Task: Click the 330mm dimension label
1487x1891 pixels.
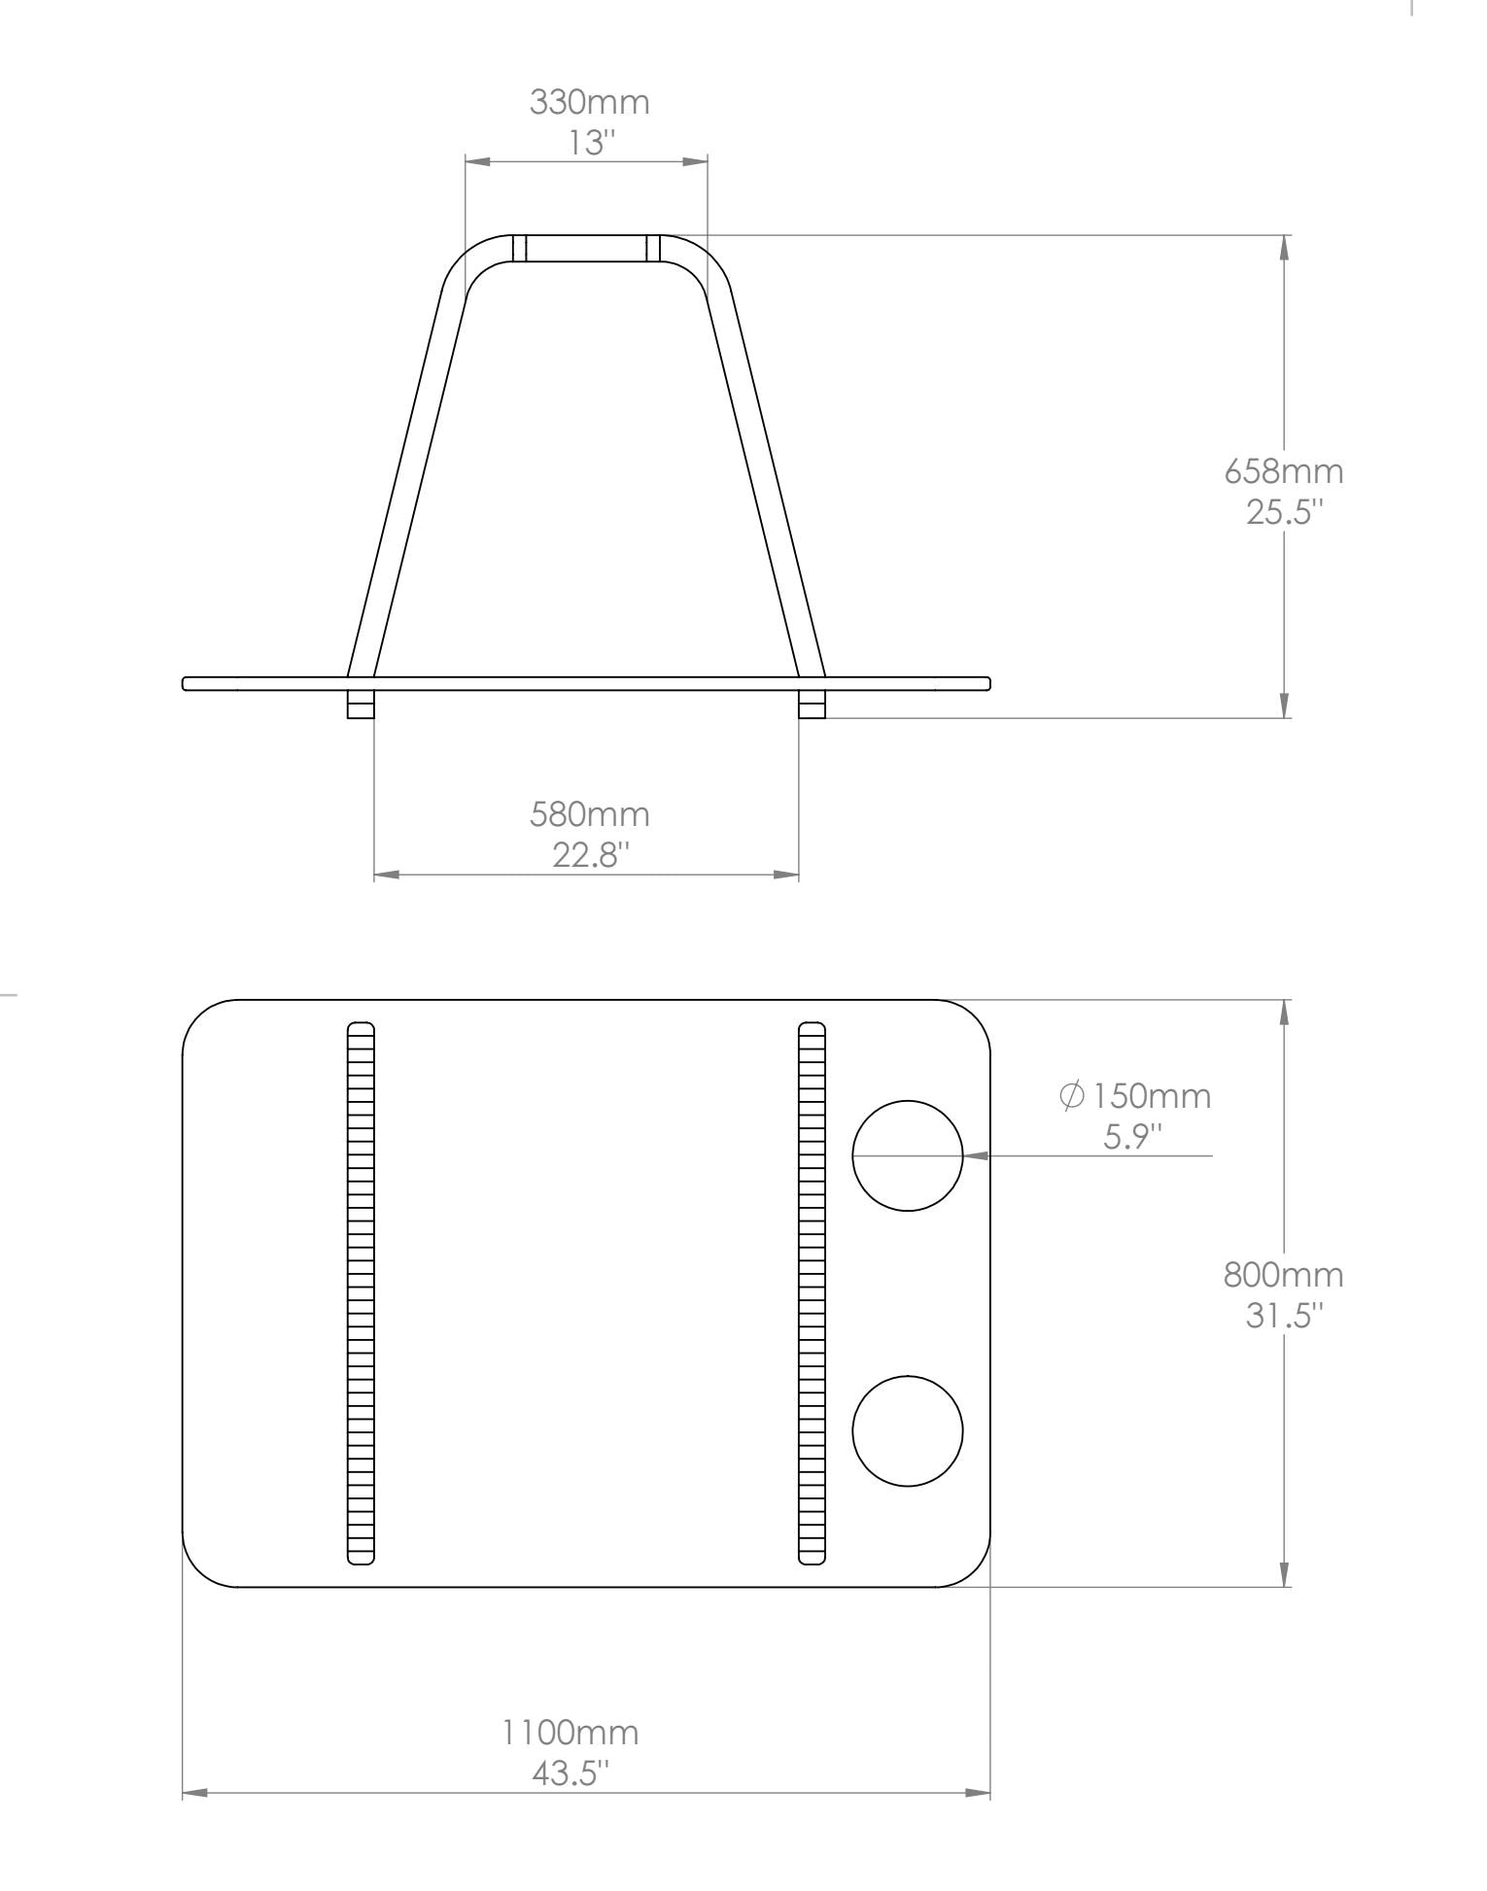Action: [x=589, y=102]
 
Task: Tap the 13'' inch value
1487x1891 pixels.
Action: [x=593, y=144]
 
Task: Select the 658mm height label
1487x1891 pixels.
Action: [x=1284, y=471]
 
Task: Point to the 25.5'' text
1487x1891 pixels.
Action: [x=1286, y=511]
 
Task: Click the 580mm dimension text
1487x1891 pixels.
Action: [x=589, y=814]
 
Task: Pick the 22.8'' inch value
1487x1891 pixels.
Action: [x=591, y=855]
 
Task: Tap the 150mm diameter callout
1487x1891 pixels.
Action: [x=1135, y=1096]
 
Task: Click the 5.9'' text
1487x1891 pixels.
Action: [x=1133, y=1135]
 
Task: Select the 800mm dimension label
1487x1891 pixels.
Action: [x=1284, y=1274]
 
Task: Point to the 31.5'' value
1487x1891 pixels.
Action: [x=1286, y=1315]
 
